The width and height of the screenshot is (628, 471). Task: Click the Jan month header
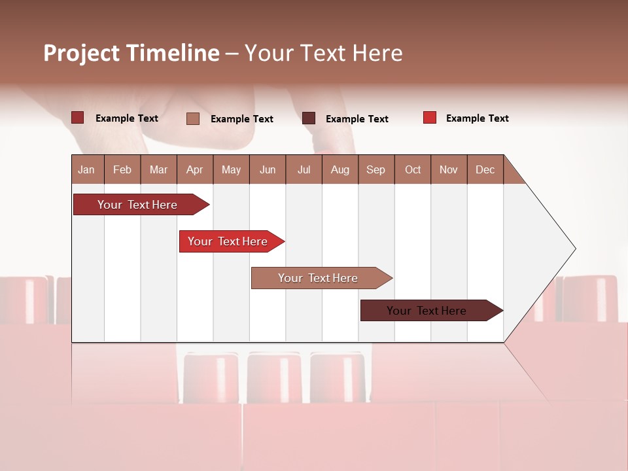tap(86, 169)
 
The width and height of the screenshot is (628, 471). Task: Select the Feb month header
tap(122, 169)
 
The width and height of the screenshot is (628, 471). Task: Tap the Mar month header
tap(158, 169)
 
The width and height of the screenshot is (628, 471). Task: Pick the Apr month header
tap(194, 169)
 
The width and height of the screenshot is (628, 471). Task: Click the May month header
tap(231, 169)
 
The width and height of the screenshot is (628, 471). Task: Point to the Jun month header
tap(268, 169)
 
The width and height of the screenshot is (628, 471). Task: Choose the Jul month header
tap(304, 169)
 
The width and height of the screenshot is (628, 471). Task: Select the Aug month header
tap(340, 169)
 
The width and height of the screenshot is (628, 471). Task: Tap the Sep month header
tap(375, 169)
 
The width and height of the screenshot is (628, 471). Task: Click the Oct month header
tap(413, 169)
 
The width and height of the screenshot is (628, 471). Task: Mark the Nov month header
tap(449, 169)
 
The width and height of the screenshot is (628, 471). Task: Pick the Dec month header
tap(485, 169)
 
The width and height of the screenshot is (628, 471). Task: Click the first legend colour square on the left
tap(77, 118)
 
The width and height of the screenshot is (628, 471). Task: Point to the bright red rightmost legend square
tap(429, 118)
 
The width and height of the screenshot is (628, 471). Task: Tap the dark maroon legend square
tap(309, 118)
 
